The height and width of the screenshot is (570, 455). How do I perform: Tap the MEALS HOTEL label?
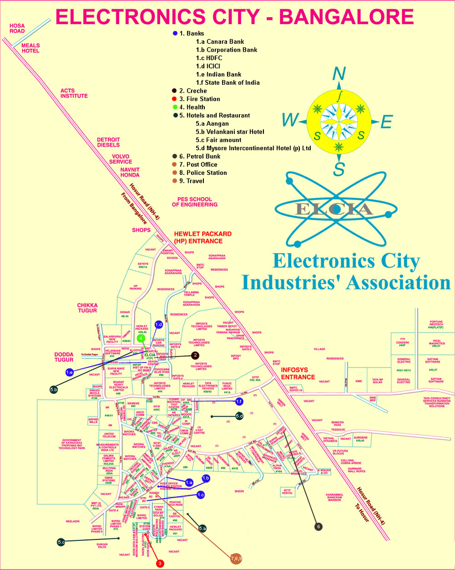[31, 48]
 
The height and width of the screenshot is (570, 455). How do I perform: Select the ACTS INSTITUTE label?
[74, 93]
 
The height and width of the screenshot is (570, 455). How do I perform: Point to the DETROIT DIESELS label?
[108, 142]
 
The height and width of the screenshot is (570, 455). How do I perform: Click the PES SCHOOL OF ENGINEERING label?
[194, 201]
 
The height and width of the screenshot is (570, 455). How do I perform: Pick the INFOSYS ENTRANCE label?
[298, 373]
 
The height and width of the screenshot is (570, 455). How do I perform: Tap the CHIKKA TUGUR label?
[87, 309]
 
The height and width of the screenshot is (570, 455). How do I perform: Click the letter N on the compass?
[339, 74]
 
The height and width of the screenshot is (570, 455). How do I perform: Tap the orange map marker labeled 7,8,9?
[236, 558]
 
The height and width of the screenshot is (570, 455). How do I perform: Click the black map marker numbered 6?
[319, 527]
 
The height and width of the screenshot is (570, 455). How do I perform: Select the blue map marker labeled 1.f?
[239, 402]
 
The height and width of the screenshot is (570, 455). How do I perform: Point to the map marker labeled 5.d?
[239, 416]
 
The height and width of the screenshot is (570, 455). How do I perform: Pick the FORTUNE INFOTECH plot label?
[436, 324]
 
